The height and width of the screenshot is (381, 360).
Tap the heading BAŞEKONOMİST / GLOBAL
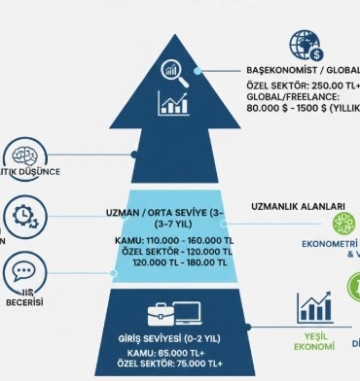[x=303, y=71]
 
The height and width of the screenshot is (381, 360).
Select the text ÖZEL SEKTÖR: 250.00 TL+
[x=303, y=85]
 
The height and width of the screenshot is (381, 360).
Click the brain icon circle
[x=20, y=157]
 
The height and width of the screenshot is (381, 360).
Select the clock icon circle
[x=21, y=215]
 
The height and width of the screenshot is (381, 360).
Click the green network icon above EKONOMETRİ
[x=345, y=223]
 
